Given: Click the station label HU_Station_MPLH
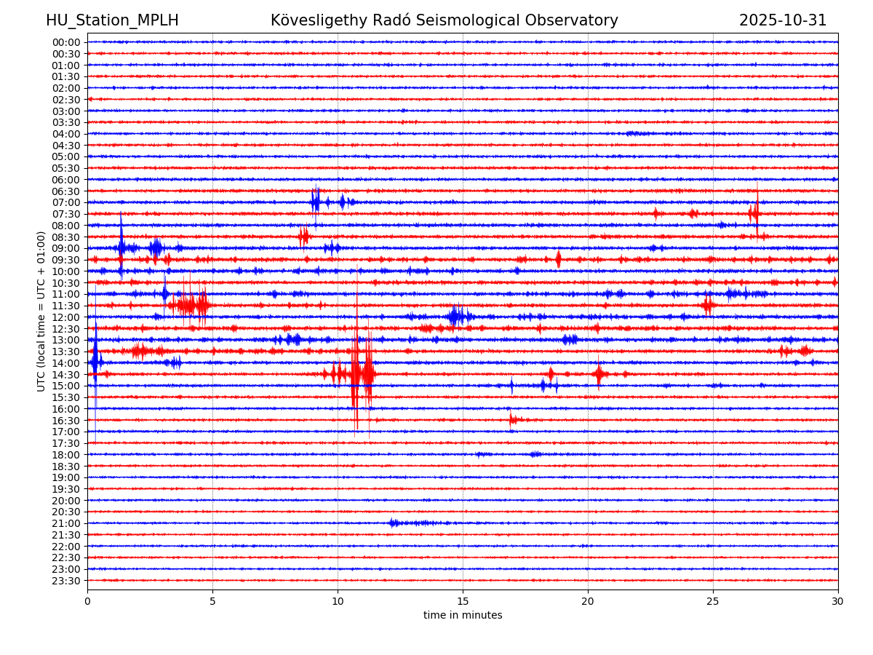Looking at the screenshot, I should coord(112,21).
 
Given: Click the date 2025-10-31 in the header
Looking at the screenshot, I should coord(783,21).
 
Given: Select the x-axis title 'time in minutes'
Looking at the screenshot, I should coord(463,616).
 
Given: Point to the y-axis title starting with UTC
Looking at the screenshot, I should coord(41,311).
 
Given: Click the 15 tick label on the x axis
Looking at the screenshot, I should coord(463,602).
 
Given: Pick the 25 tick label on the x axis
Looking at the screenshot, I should coord(713,602).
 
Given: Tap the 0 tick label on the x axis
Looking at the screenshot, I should coord(87,602).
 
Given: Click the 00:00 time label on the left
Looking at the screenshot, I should coord(65,42).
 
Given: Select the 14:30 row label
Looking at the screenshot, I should coord(65,375).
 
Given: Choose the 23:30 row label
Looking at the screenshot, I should coord(65,581).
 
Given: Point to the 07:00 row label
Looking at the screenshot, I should coord(65,202).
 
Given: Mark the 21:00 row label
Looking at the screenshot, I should coord(65,523).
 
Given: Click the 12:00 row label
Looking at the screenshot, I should coord(65,317).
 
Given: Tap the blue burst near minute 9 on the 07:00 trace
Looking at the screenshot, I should coord(316,202).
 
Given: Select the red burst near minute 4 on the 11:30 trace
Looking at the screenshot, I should coord(191,305).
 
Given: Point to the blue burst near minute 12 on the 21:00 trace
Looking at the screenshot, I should coord(394,523).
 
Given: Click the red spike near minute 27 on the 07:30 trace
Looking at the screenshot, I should coord(755,213).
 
